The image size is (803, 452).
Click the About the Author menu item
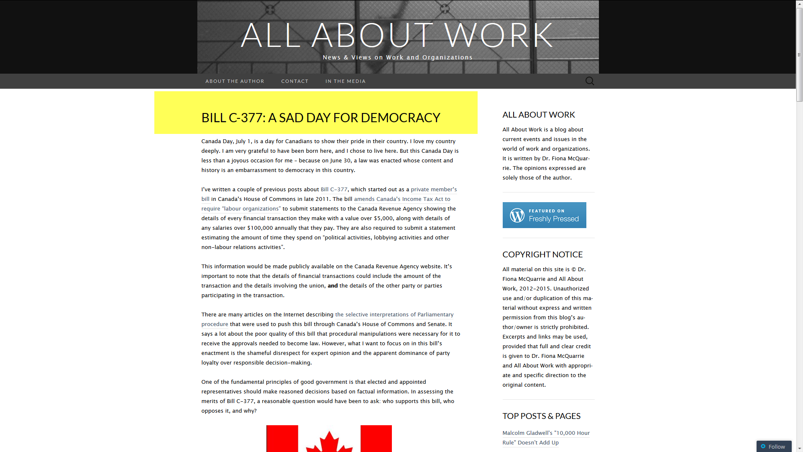tap(235, 81)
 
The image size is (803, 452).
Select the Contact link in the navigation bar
tap(294, 81)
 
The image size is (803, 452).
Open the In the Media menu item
tap(345, 81)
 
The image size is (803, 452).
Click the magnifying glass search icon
tap(590, 81)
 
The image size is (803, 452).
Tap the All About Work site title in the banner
tap(397, 35)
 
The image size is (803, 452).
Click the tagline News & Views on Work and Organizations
tap(397, 57)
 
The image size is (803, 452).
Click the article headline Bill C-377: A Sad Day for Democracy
tap(320, 118)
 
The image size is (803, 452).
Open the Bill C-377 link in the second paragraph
tap(334, 190)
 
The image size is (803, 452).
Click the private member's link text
tap(433, 190)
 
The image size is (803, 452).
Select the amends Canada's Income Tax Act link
tap(402, 199)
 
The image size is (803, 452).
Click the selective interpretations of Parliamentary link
tap(394, 315)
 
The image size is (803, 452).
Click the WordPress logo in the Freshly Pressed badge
tap(517, 215)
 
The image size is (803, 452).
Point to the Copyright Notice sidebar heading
tap(542, 254)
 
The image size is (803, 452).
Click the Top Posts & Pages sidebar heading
tap(541, 416)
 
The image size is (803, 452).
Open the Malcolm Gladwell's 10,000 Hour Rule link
tap(546, 433)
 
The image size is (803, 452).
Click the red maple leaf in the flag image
tap(329, 443)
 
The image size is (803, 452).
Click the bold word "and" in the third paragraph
tap(332, 286)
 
